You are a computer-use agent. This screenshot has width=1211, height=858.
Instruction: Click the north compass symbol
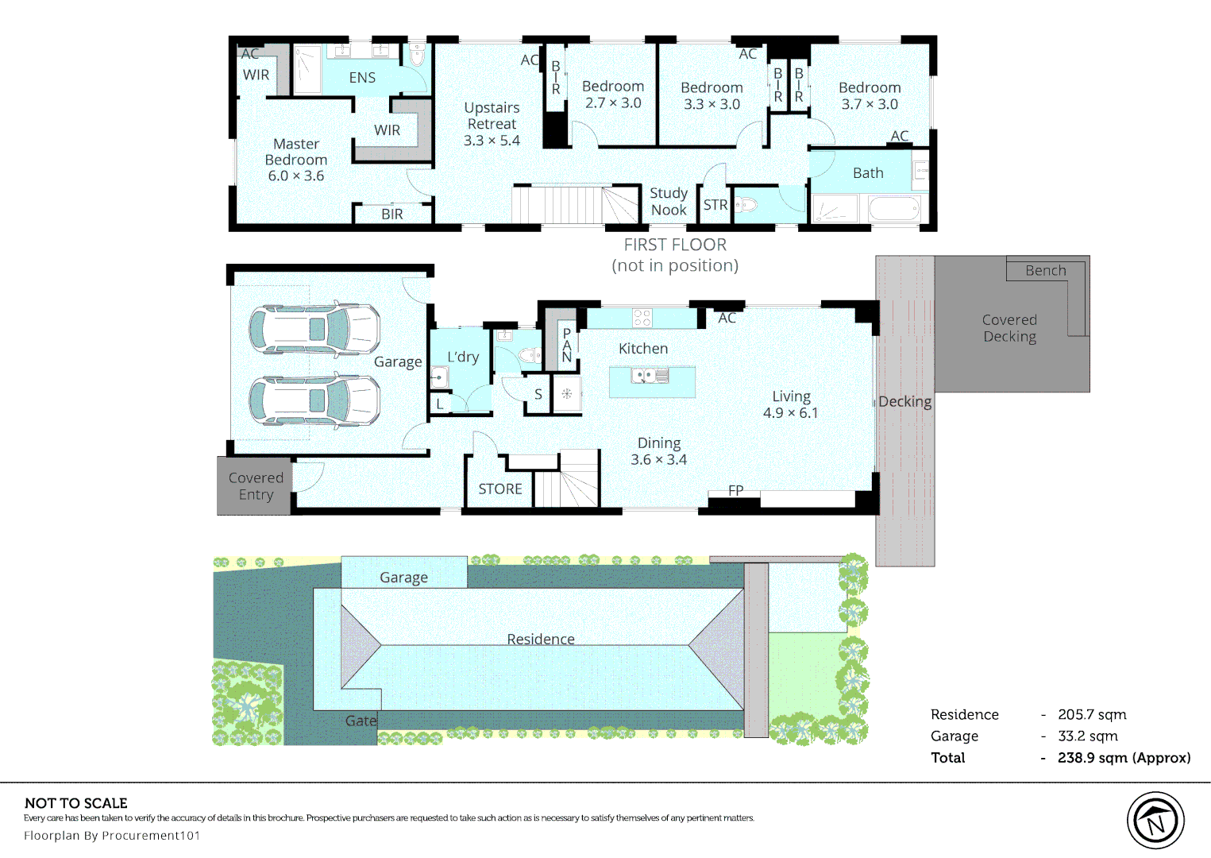coord(1155,820)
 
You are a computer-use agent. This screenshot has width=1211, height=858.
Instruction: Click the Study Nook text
coord(669,201)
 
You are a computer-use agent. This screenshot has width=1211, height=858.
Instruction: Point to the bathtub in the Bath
coord(893,208)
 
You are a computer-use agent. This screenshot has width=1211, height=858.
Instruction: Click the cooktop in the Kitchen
coord(642,318)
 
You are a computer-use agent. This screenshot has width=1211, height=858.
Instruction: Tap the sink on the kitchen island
coord(650,376)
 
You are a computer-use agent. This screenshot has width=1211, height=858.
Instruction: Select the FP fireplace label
coord(736,490)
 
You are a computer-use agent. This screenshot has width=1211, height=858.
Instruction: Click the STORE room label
coord(500,489)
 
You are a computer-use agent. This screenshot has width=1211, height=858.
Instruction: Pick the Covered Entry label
coord(256,486)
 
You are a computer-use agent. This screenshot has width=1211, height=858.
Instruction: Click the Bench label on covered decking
coord(1046,270)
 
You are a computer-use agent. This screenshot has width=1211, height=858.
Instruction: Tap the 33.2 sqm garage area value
coord(1088,736)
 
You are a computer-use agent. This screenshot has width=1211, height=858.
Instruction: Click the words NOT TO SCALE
coord(76,803)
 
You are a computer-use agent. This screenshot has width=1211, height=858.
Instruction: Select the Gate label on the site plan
coord(361,721)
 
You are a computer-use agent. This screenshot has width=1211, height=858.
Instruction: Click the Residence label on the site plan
coord(541,639)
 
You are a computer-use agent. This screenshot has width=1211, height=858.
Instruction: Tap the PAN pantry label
coord(566,345)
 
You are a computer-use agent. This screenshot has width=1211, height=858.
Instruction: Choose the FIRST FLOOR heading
coord(675,245)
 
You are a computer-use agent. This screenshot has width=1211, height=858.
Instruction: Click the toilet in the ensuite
coord(417,55)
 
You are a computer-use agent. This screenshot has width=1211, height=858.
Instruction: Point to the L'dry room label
coord(463,357)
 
